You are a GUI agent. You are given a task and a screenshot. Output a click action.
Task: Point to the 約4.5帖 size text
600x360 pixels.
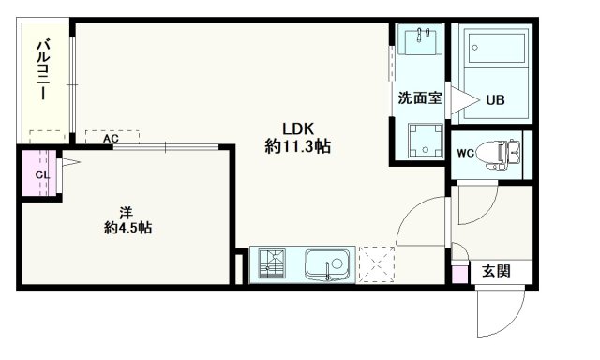point(127,228)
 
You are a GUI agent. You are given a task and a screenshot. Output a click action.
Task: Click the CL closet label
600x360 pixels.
point(41,173)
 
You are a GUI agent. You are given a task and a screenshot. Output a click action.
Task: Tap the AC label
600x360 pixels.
point(111,139)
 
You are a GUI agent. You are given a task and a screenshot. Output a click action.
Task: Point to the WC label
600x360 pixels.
point(465,154)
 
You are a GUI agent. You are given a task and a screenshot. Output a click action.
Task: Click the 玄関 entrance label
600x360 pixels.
point(496,272)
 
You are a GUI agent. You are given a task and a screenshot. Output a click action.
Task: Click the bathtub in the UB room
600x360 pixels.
point(495,51)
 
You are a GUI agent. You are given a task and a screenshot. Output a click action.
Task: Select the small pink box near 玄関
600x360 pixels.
point(458,275)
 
